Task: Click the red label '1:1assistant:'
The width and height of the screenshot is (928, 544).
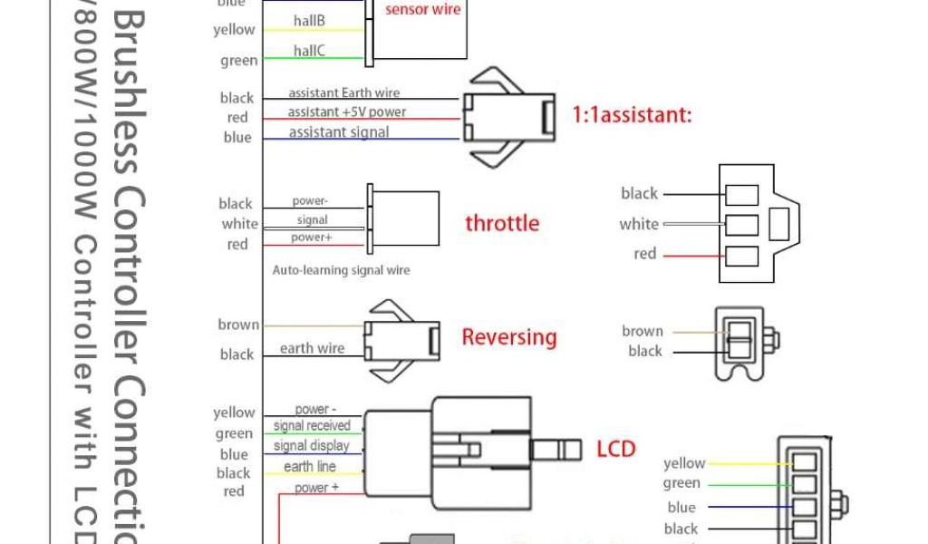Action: coord(632,115)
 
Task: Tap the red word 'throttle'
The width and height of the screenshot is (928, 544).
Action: coord(502,223)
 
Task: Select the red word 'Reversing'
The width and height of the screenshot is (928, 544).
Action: coord(509,337)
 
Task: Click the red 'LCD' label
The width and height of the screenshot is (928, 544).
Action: coord(616,448)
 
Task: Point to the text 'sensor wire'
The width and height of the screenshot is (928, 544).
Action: coord(422,10)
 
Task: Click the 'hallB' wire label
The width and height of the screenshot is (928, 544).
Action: coord(309,21)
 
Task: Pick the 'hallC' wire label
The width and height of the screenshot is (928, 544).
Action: coord(309,52)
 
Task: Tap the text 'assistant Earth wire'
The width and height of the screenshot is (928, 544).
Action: coord(343,92)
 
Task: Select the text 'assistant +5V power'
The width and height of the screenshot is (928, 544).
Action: coord(347,112)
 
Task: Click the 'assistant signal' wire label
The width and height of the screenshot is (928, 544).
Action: coord(339,132)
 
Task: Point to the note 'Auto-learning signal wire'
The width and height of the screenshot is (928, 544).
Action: coord(341,270)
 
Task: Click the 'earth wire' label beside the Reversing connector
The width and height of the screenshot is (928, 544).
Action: coord(312,348)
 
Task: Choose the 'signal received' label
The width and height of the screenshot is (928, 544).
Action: coord(312,426)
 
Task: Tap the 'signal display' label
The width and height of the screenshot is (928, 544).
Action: coord(311,446)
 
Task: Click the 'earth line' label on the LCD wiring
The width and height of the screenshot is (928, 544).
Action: coord(310,467)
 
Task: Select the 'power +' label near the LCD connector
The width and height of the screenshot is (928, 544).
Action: coord(317,488)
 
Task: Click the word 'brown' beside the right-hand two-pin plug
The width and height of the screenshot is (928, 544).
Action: coord(643,331)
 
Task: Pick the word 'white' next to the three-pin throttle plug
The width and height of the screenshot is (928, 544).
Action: coord(639,224)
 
